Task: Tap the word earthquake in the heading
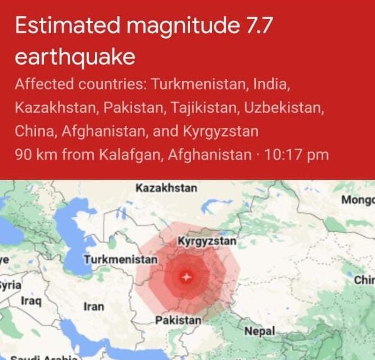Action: [75, 57]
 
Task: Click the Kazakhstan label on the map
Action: [166, 188]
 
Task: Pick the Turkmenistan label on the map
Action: [121, 260]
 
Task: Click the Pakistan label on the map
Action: [178, 320]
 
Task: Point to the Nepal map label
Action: [259, 332]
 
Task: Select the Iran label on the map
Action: [93, 307]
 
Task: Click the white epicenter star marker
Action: [187, 277]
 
